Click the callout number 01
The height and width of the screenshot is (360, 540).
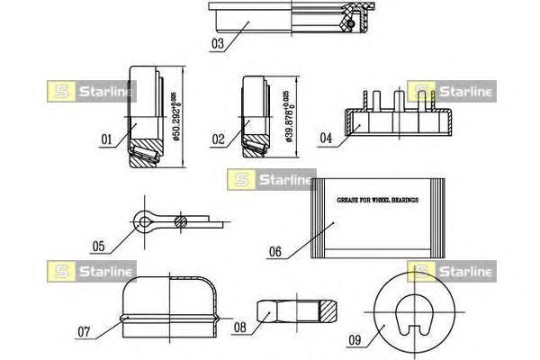click(x=105, y=139)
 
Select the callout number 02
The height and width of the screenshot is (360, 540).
click(x=218, y=140)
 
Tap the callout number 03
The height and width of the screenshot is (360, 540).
click(x=218, y=41)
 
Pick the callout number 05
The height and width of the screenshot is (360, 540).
click(x=98, y=245)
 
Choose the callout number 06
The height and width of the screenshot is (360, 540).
click(x=277, y=253)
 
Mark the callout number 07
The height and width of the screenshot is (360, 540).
click(x=83, y=331)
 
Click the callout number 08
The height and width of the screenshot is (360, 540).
click(x=239, y=328)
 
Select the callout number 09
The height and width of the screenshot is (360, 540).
click(x=355, y=339)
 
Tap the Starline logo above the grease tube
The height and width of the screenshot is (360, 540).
click(x=271, y=178)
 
